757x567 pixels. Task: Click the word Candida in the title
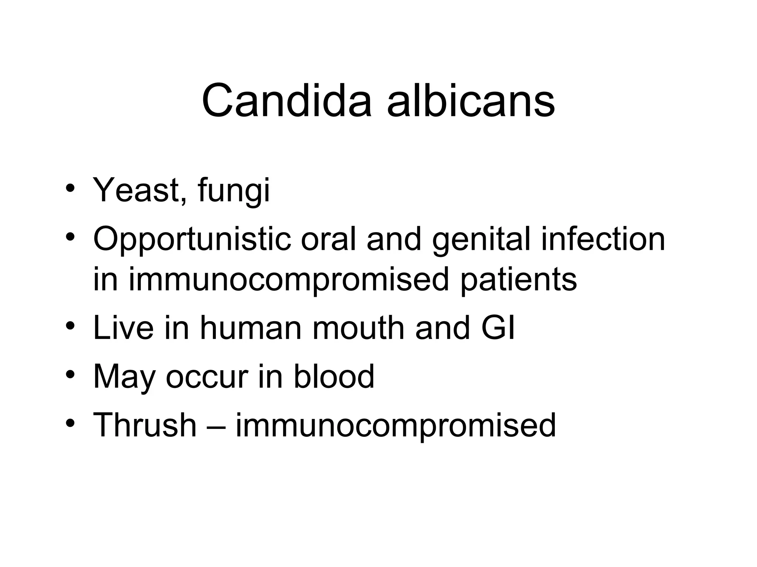pyautogui.click(x=286, y=100)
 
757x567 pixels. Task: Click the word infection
pyautogui.click(x=603, y=239)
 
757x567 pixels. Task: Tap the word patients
pyautogui.click(x=518, y=280)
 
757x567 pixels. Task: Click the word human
pyautogui.click(x=251, y=328)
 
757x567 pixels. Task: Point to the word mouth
pyautogui.click(x=359, y=328)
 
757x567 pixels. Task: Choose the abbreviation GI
pyautogui.click(x=498, y=328)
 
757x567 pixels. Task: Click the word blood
pyautogui.click(x=334, y=376)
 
